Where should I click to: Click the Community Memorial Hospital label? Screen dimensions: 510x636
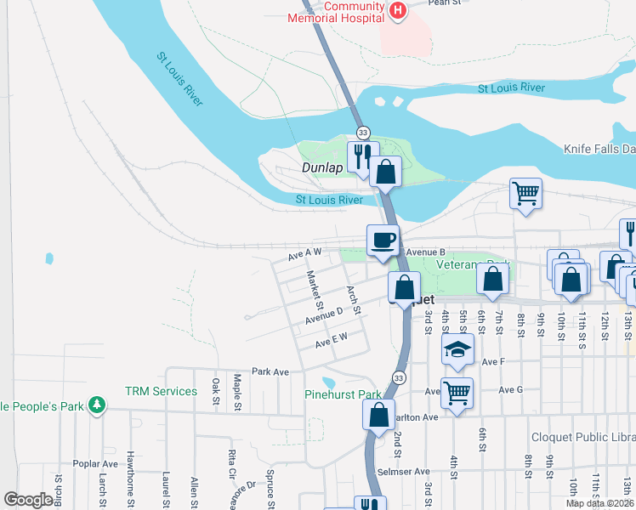pos(337,12)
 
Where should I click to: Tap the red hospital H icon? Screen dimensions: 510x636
pos(397,10)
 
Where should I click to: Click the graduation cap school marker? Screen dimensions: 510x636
pos(457,349)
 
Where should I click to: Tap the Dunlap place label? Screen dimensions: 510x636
pos(322,168)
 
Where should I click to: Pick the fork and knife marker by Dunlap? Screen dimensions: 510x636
pos(361,156)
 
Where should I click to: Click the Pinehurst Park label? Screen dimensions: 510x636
pos(344,394)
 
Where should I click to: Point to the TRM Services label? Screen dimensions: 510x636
pos(161,392)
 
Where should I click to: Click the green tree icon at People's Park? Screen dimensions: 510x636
pos(98,405)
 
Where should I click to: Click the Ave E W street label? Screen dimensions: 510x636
pos(332,341)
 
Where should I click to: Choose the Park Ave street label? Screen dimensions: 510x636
pos(270,371)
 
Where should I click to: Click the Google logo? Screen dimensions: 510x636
pos(29,500)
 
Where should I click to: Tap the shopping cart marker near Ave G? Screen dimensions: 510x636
pos(457,394)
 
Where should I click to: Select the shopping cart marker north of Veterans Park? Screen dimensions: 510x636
pos(525,193)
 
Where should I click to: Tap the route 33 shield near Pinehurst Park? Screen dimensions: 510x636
pos(398,377)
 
